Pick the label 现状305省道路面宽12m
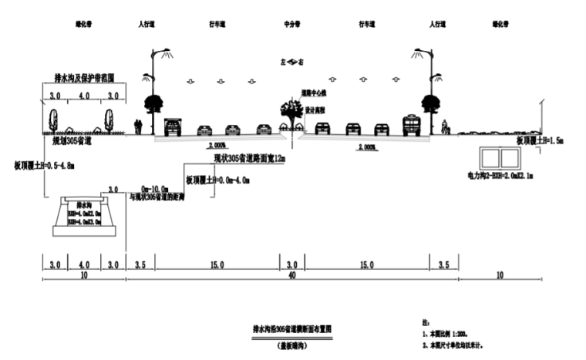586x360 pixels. pos(249,159)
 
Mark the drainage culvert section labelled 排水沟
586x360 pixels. pos(82,214)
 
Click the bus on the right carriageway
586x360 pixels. pos(412,125)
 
